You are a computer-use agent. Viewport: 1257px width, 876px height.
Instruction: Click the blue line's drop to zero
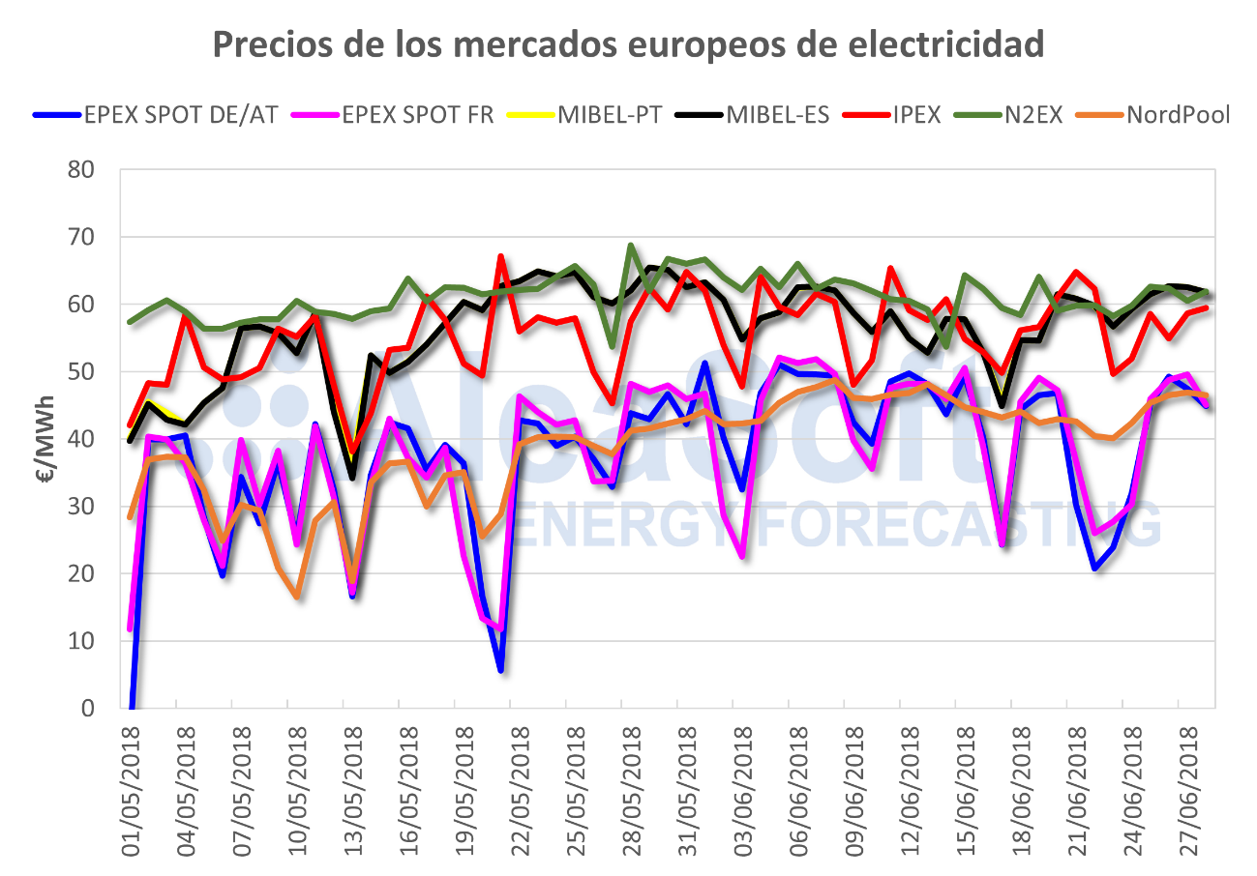click(132, 707)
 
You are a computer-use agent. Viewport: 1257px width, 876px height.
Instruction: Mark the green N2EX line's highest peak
click(631, 246)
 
